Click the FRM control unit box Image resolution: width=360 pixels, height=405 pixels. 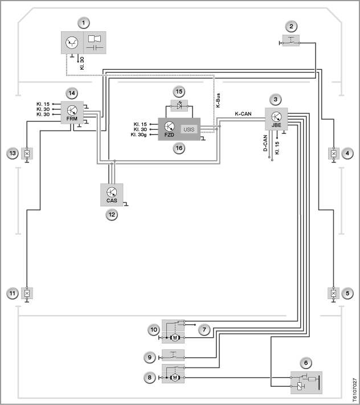click(72, 112)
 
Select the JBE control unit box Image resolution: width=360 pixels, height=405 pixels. click(276, 119)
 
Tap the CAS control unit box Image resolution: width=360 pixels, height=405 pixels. click(112, 195)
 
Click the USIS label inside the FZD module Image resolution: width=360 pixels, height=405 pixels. click(189, 129)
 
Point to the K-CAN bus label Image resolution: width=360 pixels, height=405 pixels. click(243, 114)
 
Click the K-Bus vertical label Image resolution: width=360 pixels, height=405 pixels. click(218, 100)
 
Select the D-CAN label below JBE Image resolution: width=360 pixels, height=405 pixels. click(265, 143)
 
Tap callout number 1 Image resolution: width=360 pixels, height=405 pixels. click(83, 23)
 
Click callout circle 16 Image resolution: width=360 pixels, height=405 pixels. click(179, 148)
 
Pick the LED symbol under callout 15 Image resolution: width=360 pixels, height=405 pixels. click(179, 105)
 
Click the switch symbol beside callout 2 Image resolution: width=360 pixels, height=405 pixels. click(291, 40)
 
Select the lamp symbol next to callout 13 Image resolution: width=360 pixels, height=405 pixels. click(27, 154)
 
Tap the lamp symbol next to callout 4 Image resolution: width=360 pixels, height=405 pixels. click(334, 154)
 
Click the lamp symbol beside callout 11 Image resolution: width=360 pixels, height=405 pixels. click(27, 293)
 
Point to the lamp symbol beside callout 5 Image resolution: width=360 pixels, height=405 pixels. click(334, 293)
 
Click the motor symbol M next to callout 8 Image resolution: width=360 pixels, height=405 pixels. click(175, 378)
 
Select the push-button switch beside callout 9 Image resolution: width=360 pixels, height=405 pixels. click(173, 355)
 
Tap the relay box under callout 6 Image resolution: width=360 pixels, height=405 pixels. click(306, 383)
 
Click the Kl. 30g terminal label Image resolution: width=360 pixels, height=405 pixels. click(138, 134)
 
